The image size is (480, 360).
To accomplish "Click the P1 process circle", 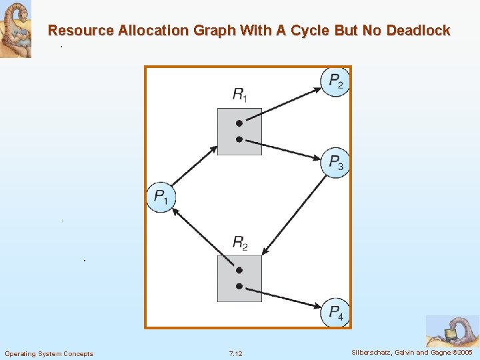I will [161, 197].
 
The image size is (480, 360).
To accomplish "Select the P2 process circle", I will [335, 82].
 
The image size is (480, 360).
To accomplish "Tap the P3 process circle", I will [335, 162].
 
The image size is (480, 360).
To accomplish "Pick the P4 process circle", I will [335, 313].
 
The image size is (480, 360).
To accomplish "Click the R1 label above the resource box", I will [239, 95].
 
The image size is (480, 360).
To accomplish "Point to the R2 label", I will [239, 243].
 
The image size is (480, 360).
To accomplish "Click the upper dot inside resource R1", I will [239, 123].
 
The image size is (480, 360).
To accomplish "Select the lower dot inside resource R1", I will [239, 139].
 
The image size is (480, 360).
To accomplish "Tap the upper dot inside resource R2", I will [239, 271].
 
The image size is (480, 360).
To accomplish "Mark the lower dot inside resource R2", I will [239, 287].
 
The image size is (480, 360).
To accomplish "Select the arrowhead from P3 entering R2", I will [265, 252].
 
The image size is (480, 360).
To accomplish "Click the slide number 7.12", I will [235, 353].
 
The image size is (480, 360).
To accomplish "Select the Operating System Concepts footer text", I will [49, 353].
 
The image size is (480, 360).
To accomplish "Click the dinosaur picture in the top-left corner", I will [15, 29].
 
